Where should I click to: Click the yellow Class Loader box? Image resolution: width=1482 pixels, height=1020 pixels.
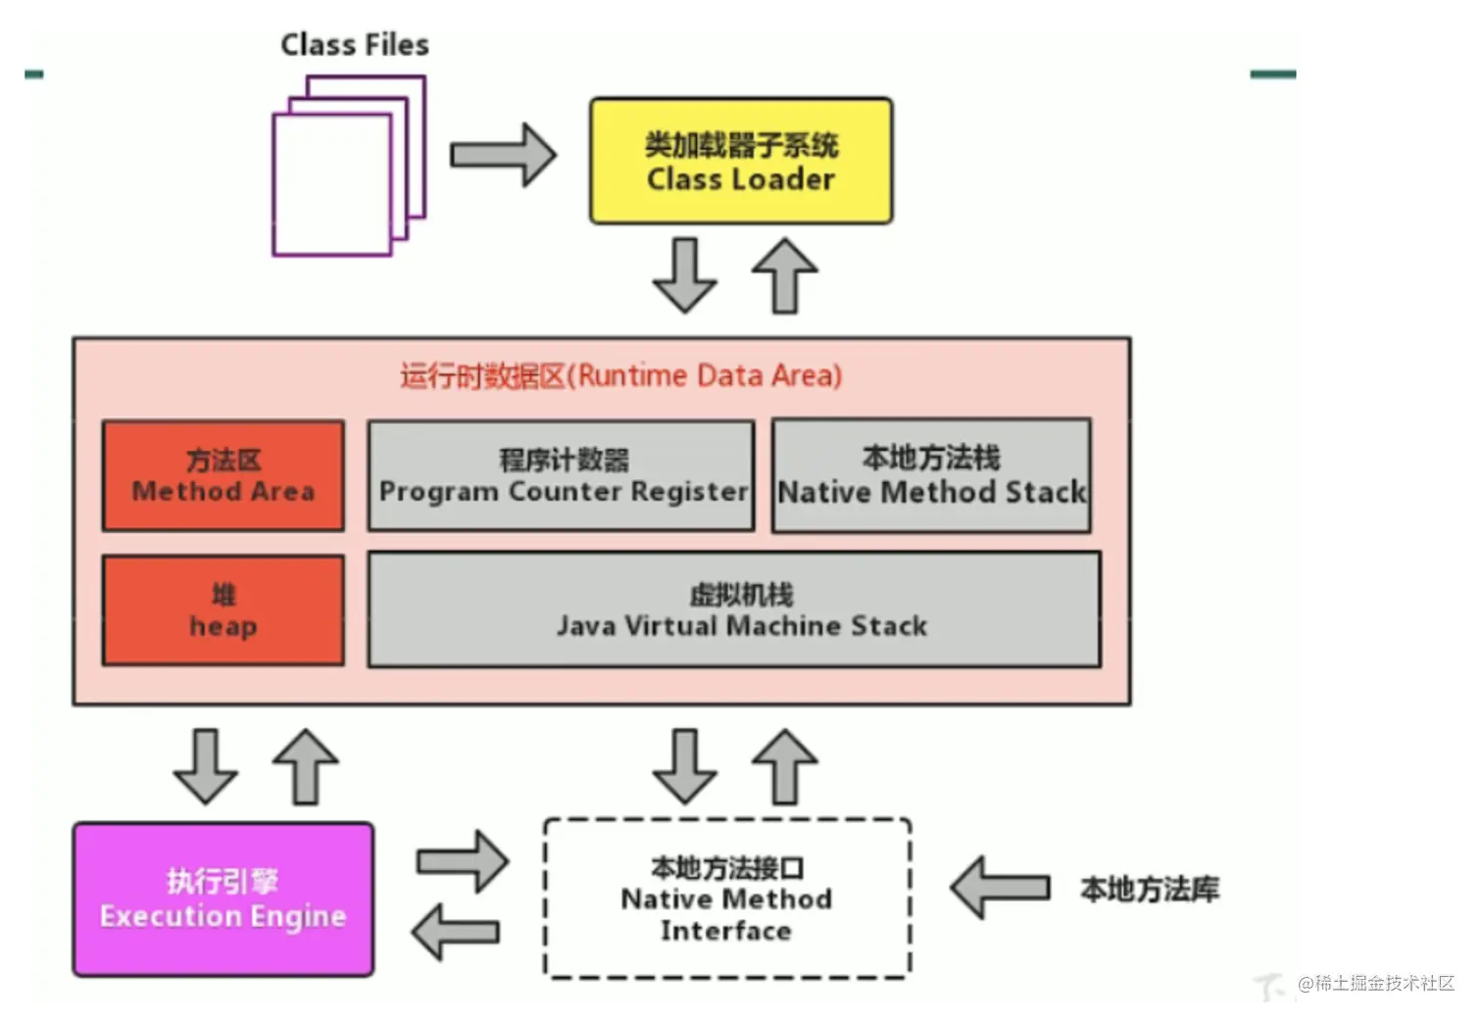click(x=741, y=162)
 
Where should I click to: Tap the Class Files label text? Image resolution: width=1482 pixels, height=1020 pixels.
click(x=355, y=45)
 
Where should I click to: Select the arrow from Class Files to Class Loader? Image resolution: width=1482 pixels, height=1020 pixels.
click(x=503, y=155)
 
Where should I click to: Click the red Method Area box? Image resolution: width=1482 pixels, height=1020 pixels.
click(x=223, y=476)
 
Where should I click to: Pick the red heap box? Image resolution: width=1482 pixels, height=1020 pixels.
click(x=223, y=610)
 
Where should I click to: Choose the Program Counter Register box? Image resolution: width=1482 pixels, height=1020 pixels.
click(x=562, y=476)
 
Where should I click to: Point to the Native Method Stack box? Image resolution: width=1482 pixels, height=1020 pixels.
click(x=931, y=476)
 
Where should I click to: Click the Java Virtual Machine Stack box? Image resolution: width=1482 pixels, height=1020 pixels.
click(x=734, y=609)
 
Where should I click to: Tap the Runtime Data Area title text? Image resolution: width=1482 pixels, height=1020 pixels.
click(x=620, y=376)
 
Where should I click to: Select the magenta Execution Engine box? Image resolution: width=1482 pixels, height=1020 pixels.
click(x=223, y=899)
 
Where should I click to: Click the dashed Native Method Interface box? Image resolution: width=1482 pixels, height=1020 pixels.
click(x=727, y=899)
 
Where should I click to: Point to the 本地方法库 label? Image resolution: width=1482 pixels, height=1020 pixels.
click(x=1150, y=890)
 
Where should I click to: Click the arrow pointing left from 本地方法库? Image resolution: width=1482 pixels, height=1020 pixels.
click(x=1000, y=888)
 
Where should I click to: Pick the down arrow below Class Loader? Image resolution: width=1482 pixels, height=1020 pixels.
click(x=684, y=275)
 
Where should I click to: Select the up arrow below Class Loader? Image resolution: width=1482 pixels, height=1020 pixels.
click(x=785, y=275)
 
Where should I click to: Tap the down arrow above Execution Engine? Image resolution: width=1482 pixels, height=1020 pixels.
click(x=205, y=766)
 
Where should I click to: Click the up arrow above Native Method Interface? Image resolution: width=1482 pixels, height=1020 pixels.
click(x=785, y=766)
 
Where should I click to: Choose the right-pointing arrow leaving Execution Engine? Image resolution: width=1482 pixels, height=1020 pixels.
click(x=463, y=861)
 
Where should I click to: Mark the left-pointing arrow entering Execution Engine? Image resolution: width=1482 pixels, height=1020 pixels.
click(x=457, y=931)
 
